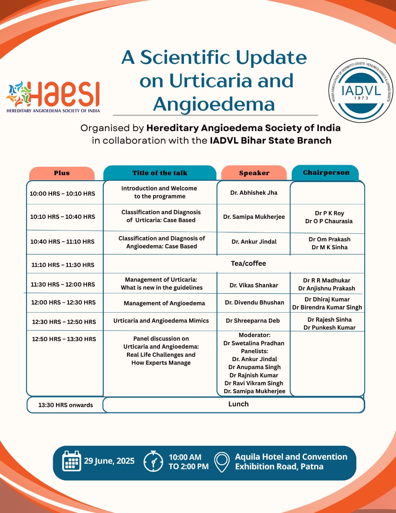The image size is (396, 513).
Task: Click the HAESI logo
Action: pos(53,97)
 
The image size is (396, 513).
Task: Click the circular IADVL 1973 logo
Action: pos(361,91)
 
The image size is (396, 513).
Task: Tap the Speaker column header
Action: pos(254,173)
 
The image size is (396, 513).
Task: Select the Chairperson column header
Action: pos(326,173)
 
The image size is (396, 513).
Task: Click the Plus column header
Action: pos(62,173)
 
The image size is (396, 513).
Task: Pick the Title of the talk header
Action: pos(160,173)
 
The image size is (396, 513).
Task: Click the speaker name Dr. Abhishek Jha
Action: pos(254,193)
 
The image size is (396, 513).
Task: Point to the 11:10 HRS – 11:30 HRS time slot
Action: pos(63,265)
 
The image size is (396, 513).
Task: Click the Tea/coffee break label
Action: pos(248,263)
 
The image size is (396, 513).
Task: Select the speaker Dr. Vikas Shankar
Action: pos(254,285)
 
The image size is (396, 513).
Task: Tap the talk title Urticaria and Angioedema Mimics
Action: pos(161,321)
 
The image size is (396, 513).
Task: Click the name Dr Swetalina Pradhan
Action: pos(254,343)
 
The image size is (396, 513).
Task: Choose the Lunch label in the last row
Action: pos(238,404)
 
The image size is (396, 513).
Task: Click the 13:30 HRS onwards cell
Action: pos(66,405)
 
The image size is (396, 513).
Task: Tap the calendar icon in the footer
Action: pos(71,460)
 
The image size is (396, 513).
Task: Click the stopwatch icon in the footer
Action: pos(154,461)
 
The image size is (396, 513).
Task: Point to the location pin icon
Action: pos(222,462)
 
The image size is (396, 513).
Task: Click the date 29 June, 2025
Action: pos(109,461)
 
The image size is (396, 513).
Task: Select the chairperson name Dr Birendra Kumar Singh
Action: pos(327,307)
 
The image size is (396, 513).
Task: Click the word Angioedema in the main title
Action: pos(214,104)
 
